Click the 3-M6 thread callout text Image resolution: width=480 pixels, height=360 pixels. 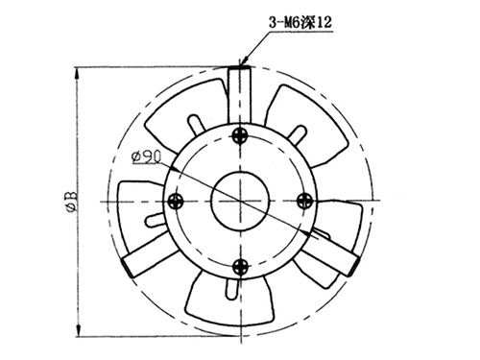(300, 23)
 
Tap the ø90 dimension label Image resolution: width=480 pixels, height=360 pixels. (147, 156)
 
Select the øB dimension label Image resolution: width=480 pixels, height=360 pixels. (70, 202)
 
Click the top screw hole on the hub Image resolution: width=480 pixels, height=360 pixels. (240, 135)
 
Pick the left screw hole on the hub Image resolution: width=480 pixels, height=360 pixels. (176, 202)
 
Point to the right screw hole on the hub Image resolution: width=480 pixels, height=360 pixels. (304, 201)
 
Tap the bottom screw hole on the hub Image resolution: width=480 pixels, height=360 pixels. (240, 266)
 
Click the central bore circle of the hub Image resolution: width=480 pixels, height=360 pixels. (240, 202)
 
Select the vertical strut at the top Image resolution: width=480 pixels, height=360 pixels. (240, 95)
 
